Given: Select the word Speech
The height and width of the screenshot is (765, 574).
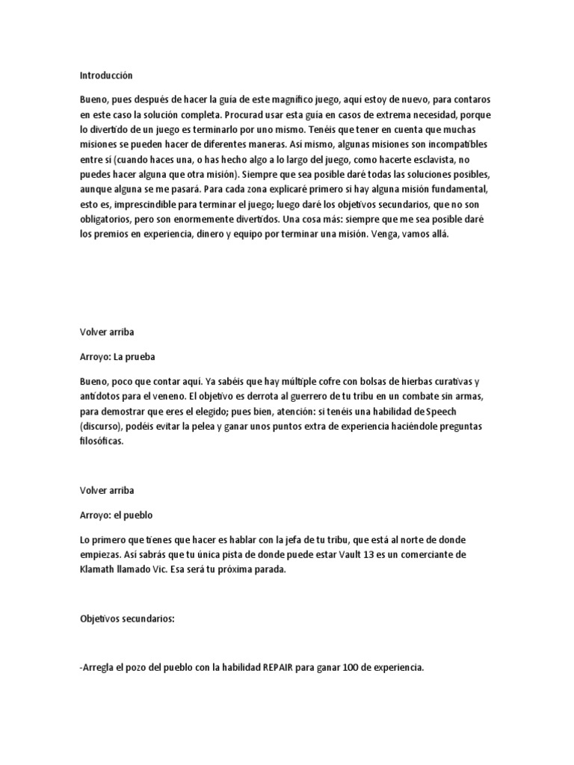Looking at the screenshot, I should tap(470, 410).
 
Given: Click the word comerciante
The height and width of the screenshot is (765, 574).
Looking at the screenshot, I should tap(436, 554).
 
